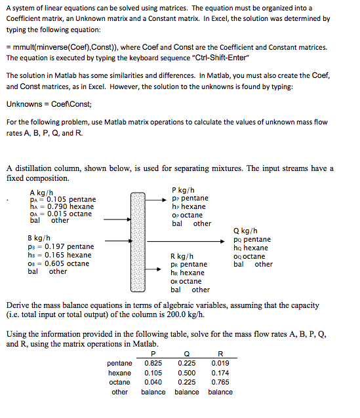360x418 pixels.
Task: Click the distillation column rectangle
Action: (x=137, y=240)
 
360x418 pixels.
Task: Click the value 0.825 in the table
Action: (x=153, y=363)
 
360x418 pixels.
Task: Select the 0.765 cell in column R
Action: (x=220, y=382)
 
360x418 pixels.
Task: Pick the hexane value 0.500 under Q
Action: (x=187, y=373)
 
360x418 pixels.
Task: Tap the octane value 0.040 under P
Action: (x=153, y=382)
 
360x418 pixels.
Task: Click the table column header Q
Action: (x=187, y=354)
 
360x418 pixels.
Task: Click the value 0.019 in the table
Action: (x=220, y=363)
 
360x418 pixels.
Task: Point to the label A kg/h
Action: (x=41, y=191)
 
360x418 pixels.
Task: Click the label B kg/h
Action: (x=39, y=237)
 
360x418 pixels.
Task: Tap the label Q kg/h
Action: (x=245, y=231)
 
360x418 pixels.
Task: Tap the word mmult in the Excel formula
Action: (x=25, y=48)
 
